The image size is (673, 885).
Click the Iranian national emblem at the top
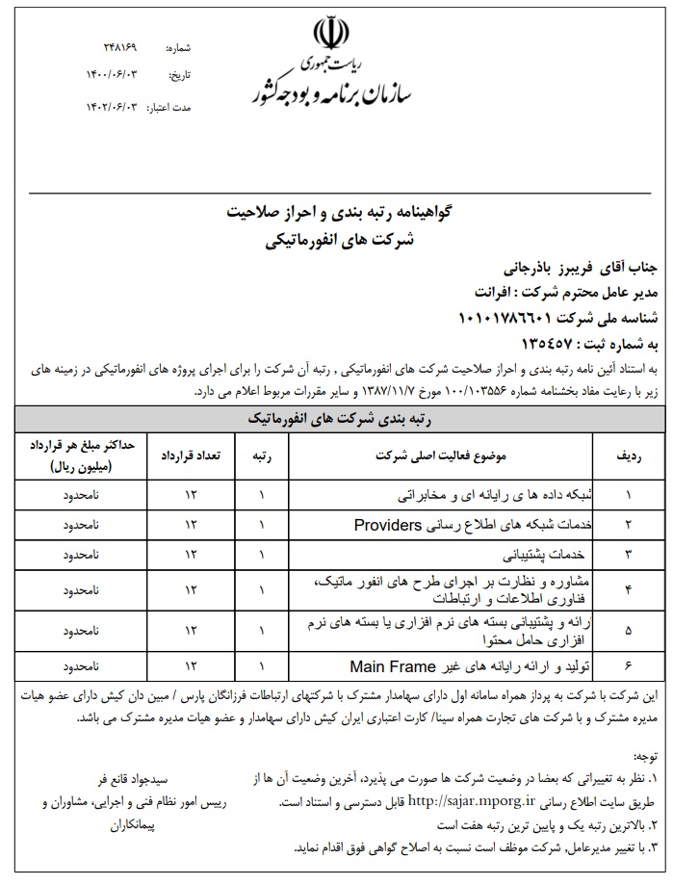329,36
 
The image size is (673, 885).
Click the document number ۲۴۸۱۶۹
120,46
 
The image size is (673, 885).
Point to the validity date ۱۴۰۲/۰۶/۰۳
113,107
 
